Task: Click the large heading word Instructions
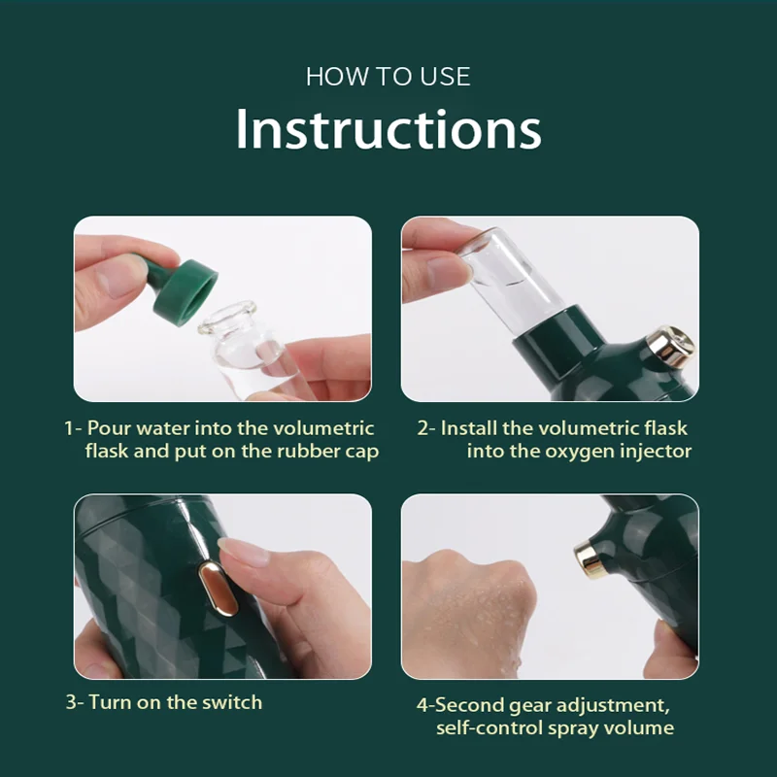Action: [x=388, y=129]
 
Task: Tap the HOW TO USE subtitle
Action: [x=388, y=77]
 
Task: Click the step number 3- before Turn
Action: [x=75, y=702]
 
